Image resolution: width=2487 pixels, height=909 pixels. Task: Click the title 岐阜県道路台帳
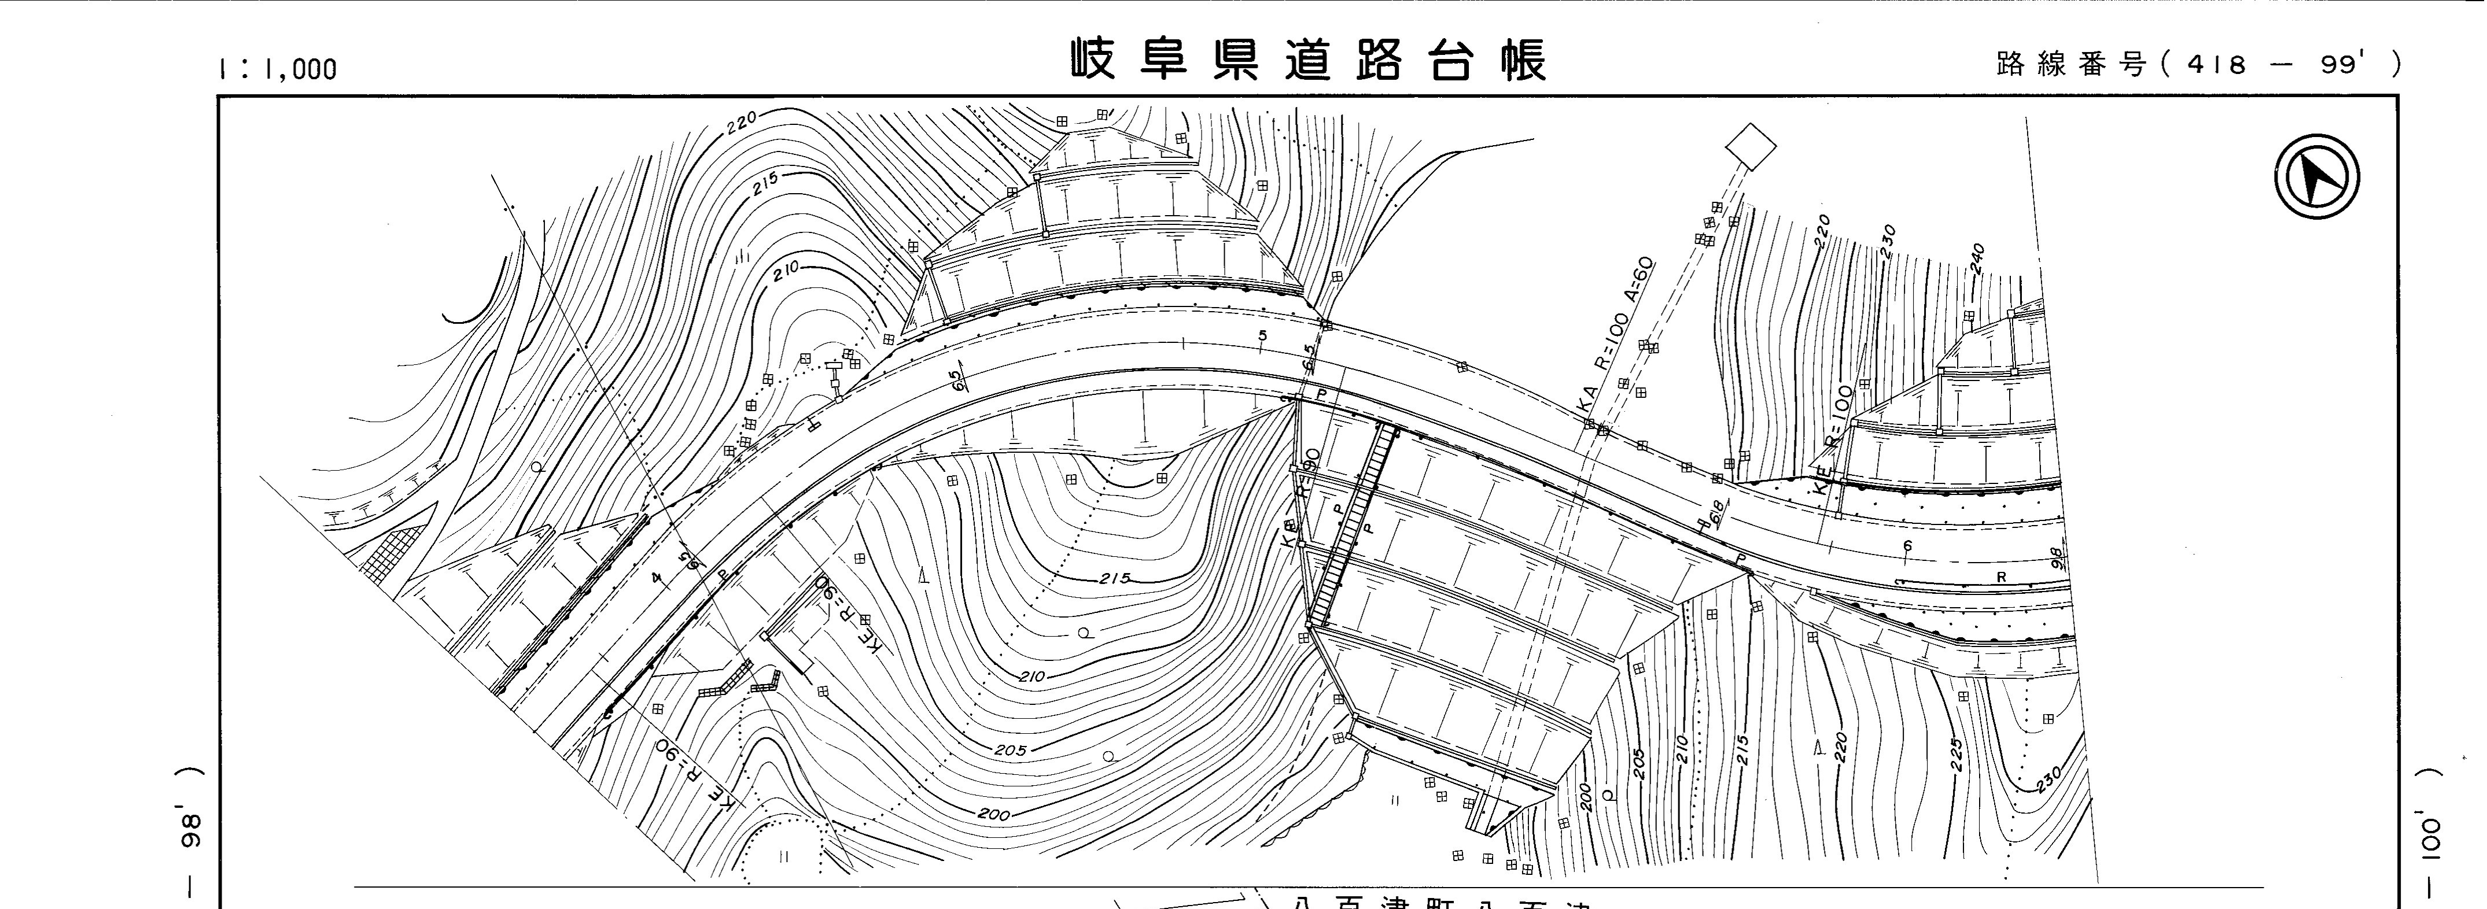point(1307,60)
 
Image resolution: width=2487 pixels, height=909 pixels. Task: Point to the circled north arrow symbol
point(2317,179)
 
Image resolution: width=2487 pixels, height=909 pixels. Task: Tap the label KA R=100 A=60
point(1617,338)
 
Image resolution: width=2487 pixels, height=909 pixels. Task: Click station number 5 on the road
point(1262,335)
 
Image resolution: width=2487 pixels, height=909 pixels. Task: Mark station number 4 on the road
point(657,578)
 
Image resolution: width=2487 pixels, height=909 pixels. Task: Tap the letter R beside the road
point(2002,577)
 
